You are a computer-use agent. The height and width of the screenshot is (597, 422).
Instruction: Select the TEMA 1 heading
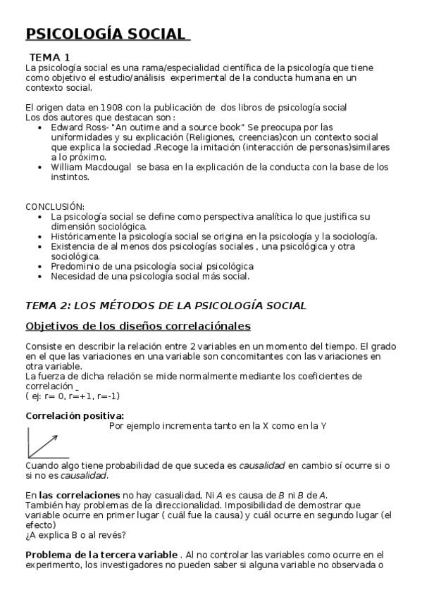coord(49,57)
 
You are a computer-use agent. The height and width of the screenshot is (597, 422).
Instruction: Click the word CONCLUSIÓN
coord(55,206)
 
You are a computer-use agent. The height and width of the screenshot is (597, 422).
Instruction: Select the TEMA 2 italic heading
coord(166,305)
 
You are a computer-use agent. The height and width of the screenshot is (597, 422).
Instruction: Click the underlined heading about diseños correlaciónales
coord(138,326)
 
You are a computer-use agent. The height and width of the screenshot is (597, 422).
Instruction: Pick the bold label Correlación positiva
coord(75,415)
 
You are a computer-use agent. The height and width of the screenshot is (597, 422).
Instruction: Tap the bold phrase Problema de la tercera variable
coord(101,555)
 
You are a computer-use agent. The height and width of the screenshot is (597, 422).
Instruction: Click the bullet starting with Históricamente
coord(214,237)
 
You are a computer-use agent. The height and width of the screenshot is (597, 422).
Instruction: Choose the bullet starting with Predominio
coord(152,267)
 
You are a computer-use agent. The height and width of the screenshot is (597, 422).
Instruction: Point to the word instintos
coord(70,177)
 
